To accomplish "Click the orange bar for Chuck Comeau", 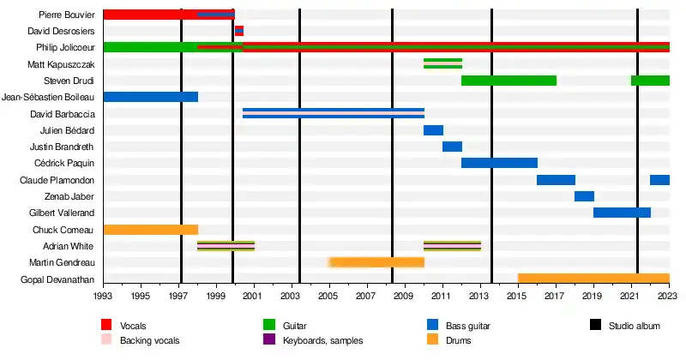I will [x=150, y=230].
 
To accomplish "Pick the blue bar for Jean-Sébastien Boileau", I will [x=150, y=97].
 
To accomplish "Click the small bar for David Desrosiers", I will [x=239, y=31].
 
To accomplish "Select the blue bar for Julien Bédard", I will [x=433, y=130].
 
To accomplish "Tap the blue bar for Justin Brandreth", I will [x=452, y=147].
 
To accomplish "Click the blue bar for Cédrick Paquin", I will [x=499, y=163].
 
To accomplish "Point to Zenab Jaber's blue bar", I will [x=584, y=196].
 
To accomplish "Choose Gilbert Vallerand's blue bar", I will [x=622, y=213].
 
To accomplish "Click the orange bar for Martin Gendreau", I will [x=377, y=262].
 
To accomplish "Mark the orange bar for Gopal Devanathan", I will [x=593, y=279].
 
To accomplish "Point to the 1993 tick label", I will [x=103, y=296].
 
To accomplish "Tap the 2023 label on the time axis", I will [x=669, y=296].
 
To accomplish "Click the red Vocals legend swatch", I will [x=106, y=326].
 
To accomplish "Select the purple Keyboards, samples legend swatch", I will [x=268, y=340].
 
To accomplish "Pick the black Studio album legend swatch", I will [x=594, y=326].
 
